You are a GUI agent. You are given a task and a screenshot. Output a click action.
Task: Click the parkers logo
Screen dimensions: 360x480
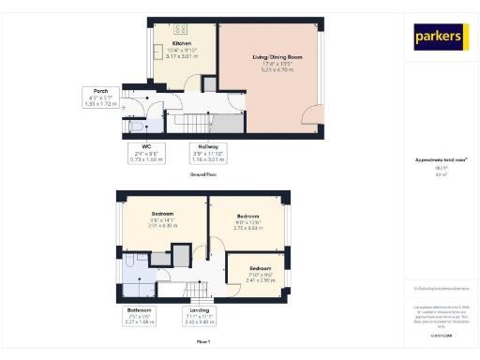(x=441, y=37)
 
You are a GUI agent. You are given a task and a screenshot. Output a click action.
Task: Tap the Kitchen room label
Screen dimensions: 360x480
(x=181, y=49)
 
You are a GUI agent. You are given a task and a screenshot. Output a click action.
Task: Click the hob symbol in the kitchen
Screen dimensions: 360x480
(x=181, y=29)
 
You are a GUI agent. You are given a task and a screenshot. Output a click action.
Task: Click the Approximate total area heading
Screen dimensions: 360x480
(x=440, y=160)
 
